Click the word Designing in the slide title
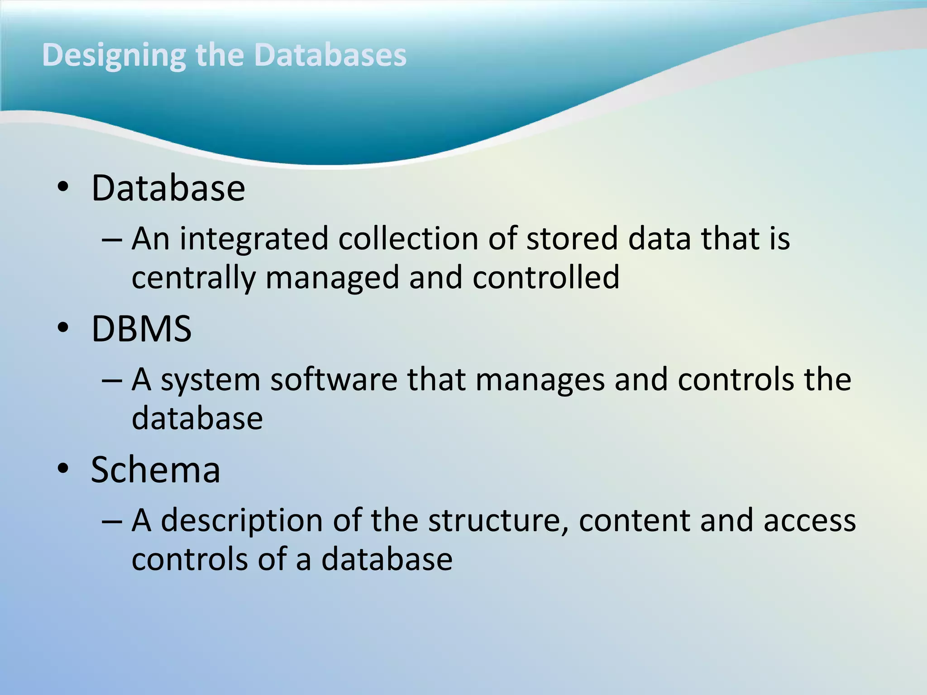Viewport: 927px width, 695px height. tap(114, 55)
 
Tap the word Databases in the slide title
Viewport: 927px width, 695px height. tap(330, 55)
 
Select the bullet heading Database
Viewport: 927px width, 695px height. tap(168, 188)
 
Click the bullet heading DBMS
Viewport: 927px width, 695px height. tap(141, 329)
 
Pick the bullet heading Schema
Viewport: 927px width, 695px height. tap(155, 470)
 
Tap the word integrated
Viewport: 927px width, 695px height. tap(254, 239)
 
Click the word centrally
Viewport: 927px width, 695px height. tap(193, 278)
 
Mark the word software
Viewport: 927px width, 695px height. tap(334, 379)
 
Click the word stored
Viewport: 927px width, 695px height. tap(572, 238)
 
